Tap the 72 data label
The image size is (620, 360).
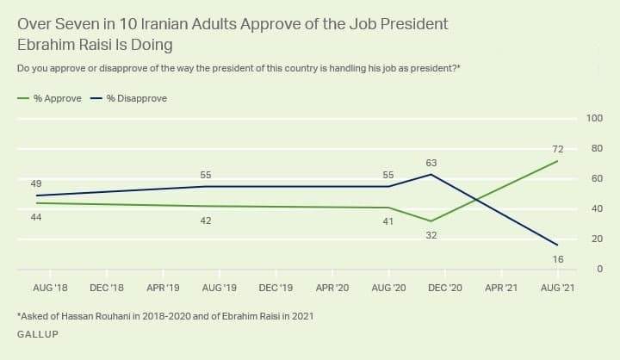[x=557, y=149]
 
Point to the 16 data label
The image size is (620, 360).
[x=557, y=258]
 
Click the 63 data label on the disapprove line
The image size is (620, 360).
[x=431, y=161]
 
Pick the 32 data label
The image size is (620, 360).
[x=431, y=234]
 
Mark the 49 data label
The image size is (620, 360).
[x=36, y=183]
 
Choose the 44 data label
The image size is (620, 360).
[x=36, y=217]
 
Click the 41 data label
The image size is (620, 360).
[x=388, y=221]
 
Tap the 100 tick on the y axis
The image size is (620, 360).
[x=594, y=118]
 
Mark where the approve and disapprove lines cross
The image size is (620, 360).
[x=476, y=200]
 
